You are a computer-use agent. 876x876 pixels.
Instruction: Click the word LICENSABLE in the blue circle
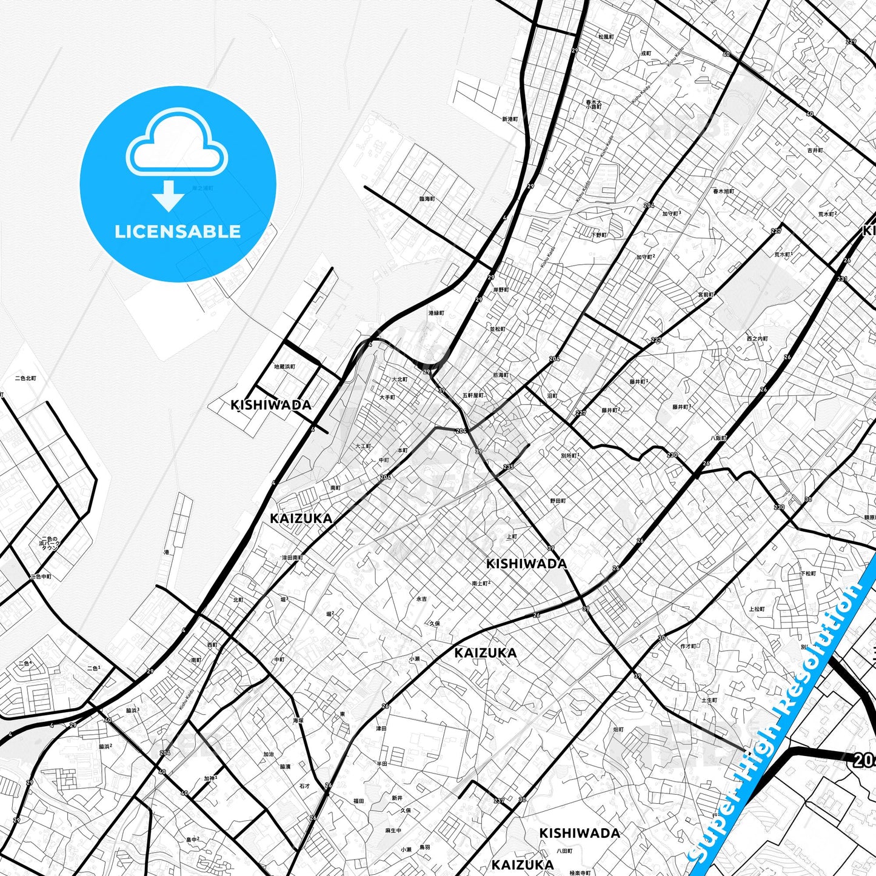point(178,231)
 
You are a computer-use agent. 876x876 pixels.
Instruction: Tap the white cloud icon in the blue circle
point(176,145)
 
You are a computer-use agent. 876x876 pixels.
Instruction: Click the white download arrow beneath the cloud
point(169,195)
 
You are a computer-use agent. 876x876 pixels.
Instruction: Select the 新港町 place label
point(510,119)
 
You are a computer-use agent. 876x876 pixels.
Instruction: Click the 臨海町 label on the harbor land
point(427,199)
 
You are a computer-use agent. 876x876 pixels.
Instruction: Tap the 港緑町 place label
point(436,313)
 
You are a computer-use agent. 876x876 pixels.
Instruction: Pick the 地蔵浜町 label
point(284,367)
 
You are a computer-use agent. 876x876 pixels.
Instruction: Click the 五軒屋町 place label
point(473,395)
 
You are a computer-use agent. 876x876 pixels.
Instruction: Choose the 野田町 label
point(558,501)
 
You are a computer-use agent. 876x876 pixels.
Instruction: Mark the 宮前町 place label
point(706,295)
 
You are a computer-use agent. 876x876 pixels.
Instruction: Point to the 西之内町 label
point(757,339)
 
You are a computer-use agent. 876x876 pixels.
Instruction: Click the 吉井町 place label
point(815,150)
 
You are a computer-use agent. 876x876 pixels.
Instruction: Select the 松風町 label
point(606,37)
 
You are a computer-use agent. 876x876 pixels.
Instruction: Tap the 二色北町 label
point(25,378)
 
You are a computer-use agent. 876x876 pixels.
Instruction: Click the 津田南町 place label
point(292,558)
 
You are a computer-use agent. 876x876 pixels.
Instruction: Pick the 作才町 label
point(689,646)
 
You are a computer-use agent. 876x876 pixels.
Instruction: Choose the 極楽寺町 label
point(579,873)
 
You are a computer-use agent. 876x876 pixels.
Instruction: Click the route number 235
point(508,467)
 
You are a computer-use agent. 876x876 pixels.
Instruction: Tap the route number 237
point(498,801)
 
